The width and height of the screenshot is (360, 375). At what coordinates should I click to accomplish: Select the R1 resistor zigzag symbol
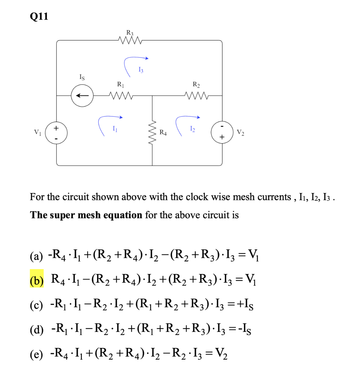121,96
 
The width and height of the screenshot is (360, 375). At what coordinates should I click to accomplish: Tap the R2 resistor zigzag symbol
197,96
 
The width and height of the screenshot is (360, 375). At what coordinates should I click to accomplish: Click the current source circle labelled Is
82,96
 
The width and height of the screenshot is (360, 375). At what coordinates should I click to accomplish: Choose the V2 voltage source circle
222,132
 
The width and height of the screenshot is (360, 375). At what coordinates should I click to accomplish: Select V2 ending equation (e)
222,354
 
